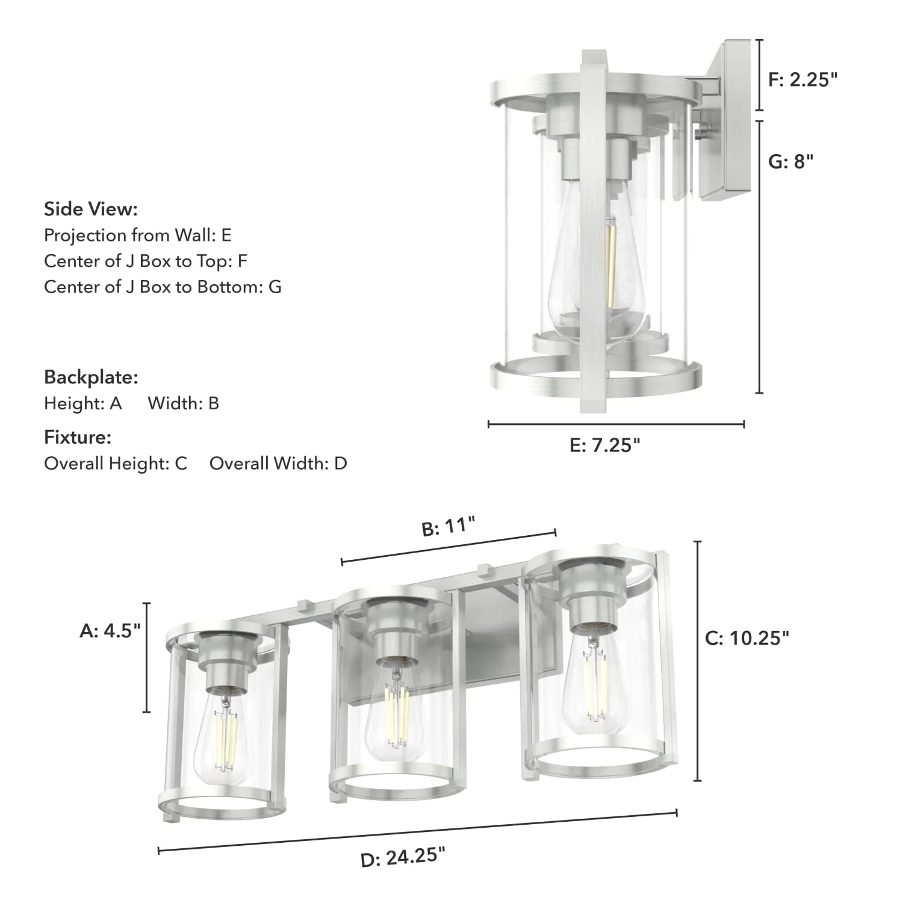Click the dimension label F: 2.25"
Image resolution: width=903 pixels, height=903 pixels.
tap(802, 79)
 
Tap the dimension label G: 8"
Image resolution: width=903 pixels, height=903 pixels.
tap(790, 161)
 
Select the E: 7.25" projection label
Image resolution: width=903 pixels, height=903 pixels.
tap(604, 445)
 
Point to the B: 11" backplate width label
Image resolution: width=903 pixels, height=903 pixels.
tap(448, 527)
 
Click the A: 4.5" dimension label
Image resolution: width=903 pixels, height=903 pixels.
tap(110, 630)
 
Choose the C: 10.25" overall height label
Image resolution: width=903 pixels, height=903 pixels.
tap(746, 638)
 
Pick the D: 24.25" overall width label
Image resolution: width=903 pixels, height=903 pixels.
tap(403, 857)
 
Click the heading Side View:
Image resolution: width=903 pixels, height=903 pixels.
tap(91, 209)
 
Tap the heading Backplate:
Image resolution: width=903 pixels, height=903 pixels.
tap(91, 377)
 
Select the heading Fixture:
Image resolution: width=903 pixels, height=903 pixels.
tap(78, 437)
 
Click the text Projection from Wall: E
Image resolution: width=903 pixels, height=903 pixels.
tap(138, 235)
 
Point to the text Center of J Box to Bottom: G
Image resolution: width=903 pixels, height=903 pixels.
tap(163, 287)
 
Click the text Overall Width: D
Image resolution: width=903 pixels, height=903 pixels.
tap(278, 464)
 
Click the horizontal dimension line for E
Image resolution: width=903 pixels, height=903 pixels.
tap(616, 424)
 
